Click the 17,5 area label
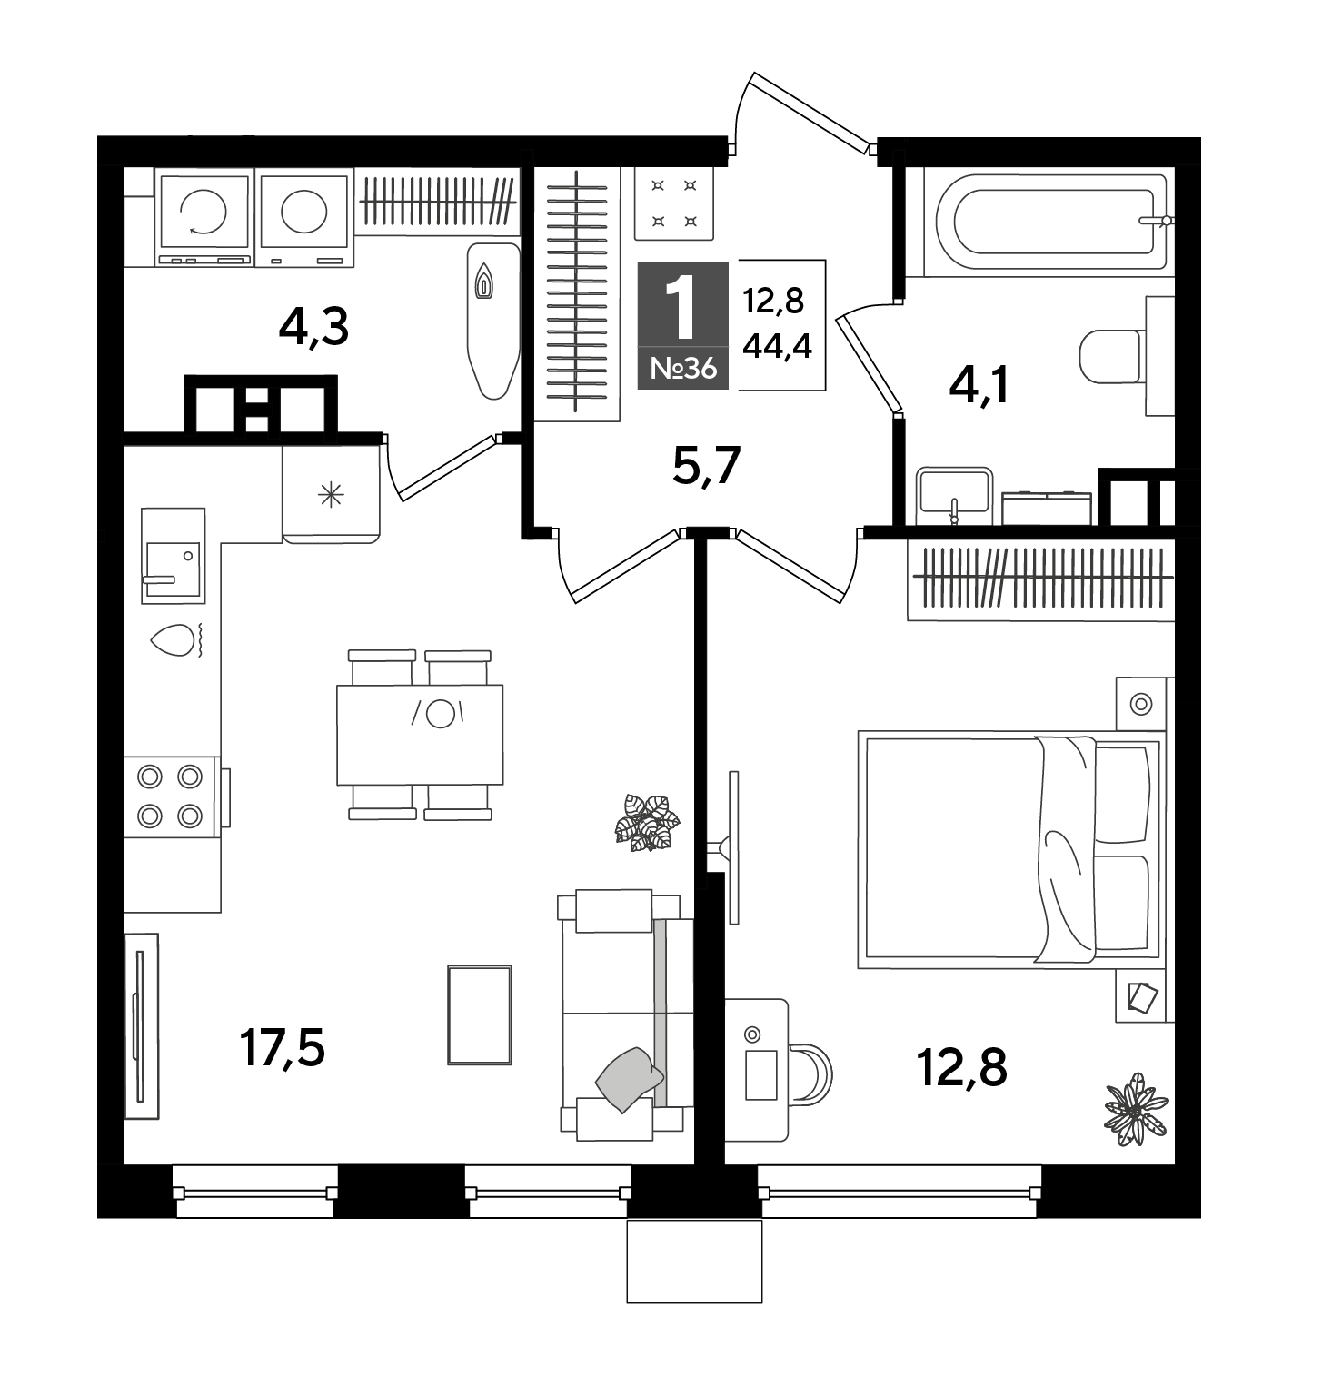(282, 1049)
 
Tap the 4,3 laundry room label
(313, 327)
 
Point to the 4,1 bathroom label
(979, 388)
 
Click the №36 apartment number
(683, 369)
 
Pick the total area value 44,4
(777, 344)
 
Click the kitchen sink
(174, 556)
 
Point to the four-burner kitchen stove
(173, 797)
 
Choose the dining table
(420, 735)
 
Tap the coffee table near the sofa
(480, 1014)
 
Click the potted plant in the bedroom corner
(1136, 1109)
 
